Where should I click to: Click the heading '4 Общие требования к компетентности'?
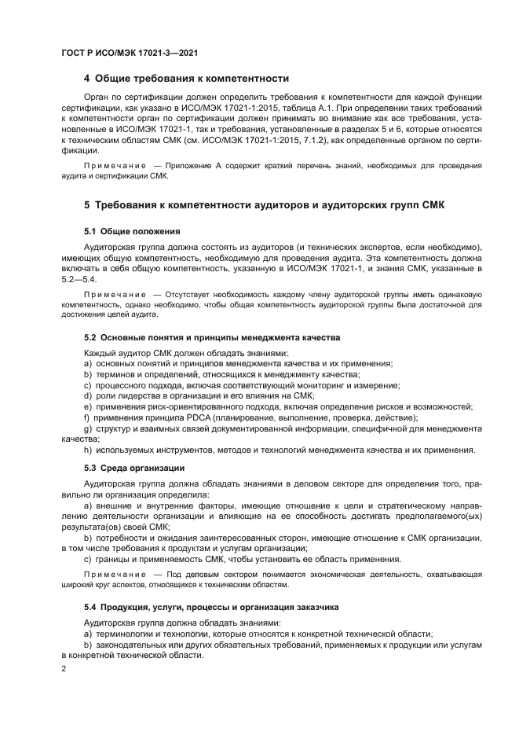(x=186, y=79)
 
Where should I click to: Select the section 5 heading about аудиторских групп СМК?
(x=264, y=205)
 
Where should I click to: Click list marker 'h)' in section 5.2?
(x=89, y=450)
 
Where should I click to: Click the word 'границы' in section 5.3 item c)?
(x=114, y=559)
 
